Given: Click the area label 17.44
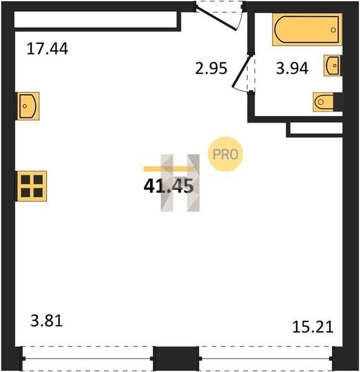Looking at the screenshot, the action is [48, 48].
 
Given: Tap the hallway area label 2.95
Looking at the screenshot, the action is [211, 68].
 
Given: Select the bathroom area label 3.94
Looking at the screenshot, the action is [292, 68].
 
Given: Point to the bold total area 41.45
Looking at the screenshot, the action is [169, 186].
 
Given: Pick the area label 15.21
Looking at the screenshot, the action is [313, 327].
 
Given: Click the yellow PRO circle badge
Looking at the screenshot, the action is [226, 154].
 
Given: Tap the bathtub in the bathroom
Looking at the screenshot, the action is [307, 30].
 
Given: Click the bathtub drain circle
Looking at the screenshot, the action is [333, 30].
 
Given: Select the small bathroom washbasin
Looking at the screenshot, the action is [333, 66].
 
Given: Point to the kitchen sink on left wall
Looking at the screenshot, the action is [28, 106].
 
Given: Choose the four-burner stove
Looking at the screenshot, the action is [32, 186].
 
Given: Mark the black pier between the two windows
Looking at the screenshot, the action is [176, 358].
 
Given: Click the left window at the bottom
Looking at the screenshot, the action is [88, 358].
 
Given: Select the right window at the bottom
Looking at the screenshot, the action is [266, 358].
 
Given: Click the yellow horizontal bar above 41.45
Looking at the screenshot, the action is [169, 169].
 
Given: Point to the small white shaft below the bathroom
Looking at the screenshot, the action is [316, 128].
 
